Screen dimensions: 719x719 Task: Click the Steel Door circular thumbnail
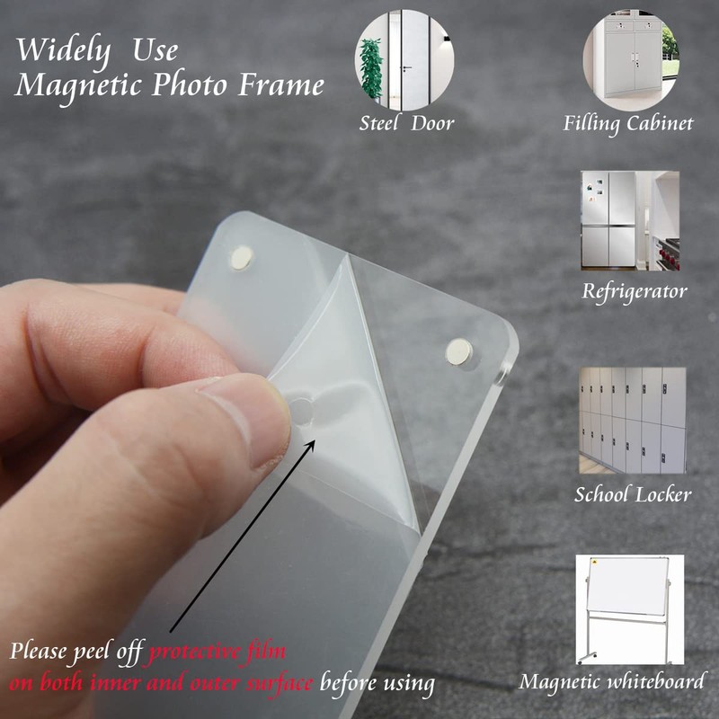[x=404, y=58]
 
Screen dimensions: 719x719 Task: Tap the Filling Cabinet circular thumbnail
[x=630, y=59]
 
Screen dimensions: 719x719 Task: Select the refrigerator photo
[x=630, y=221]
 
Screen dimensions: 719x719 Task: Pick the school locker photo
[x=632, y=420]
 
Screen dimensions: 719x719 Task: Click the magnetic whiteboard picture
[x=630, y=608]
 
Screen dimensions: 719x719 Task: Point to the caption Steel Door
[x=406, y=123]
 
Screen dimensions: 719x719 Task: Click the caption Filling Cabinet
[x=628, y=123]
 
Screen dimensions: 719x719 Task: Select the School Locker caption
[x=633, y=494]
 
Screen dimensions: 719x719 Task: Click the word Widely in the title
[x=64, y=49]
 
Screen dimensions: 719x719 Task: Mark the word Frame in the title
[x=280, y=86]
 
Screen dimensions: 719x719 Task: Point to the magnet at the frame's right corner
[x=459, y=351]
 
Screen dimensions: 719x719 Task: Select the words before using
[x=377, y=683]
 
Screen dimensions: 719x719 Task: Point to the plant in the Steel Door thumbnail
[x=371, y=69]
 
